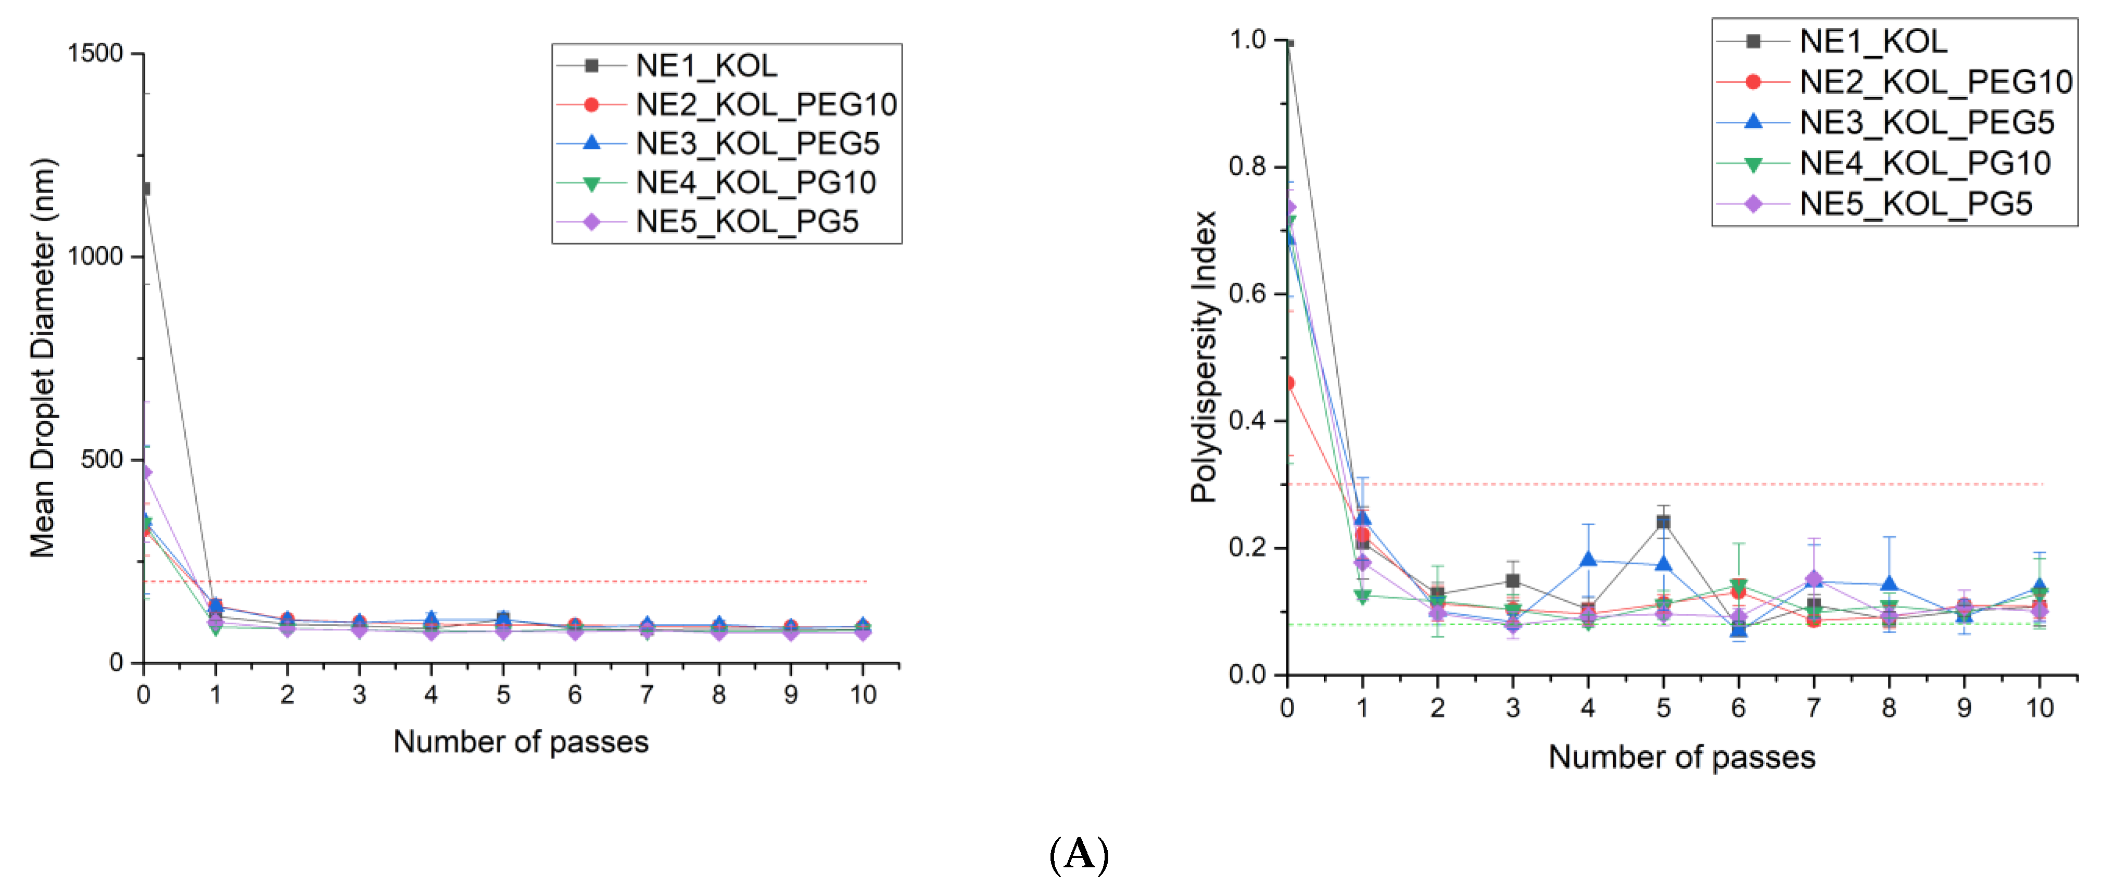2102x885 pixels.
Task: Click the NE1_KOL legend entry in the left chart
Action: click(706, 65)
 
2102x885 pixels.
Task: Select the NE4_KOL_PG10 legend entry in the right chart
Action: click(1924, 163)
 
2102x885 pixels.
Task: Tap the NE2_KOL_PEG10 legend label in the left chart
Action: click(765, 105)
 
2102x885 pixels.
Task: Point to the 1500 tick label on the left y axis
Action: click(95, 54)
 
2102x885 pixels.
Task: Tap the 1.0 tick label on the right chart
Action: click(1247, 39)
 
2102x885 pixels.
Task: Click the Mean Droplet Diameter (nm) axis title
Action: click(43, 358)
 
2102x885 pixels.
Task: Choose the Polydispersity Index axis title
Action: click(1204, 356)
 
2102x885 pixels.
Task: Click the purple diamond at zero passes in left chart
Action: click(145, 472)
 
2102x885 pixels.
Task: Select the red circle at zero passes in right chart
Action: click(1288, 383)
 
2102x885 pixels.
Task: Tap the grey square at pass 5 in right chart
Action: click(1663, 523)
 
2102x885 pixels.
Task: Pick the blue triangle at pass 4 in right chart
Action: click(1588, 560)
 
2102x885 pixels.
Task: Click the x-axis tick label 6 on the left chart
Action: click(575, 695)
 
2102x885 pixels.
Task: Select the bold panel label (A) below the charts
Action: click(1079, 855)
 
